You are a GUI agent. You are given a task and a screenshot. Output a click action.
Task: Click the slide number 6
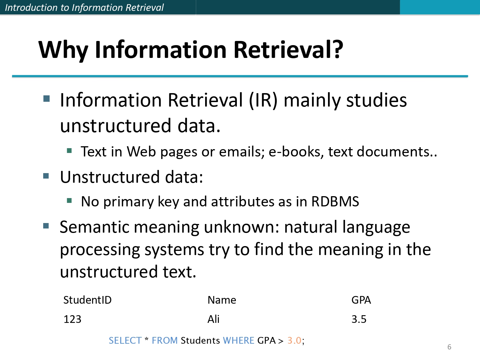click(x=449, y=347)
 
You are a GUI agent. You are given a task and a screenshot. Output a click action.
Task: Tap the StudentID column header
click(x=87, y=300)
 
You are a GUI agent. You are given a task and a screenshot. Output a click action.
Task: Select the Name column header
click(x=222, y=300)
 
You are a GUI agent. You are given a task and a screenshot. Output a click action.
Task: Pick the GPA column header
click(x=361, y=300)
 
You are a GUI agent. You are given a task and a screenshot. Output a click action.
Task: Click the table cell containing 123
click(x=72, y=319)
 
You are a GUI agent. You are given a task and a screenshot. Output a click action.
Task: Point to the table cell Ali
click(x=213, y=319)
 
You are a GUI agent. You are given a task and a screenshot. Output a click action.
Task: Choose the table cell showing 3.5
click(x=359, y=319)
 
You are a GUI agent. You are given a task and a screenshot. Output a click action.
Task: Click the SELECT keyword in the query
click(x=125, y=340)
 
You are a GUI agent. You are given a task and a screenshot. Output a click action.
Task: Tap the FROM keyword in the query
click(x=164, y=340)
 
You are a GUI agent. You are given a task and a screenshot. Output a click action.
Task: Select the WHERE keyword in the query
click(x=238, y=340)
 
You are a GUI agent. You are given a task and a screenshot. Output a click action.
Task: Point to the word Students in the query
click(x=200, y=340)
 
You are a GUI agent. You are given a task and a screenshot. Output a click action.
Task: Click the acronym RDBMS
click(x=335, y=202)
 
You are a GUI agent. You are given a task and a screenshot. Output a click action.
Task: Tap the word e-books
click(x=295, y=152)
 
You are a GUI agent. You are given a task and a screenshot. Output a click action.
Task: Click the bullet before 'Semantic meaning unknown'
click(x=46, y=226)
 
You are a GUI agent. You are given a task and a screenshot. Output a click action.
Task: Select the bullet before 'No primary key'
click(x=69, y=201)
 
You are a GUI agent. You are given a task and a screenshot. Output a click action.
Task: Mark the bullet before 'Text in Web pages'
click(x=69, y=150)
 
